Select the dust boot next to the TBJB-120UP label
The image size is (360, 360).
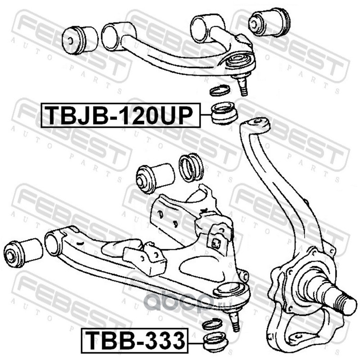[x=224, y=114]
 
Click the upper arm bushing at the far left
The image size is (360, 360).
[x=80, y=39]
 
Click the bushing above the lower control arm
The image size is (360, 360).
[x=154, y=177]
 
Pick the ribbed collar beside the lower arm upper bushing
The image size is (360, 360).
[x=192, y=167]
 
